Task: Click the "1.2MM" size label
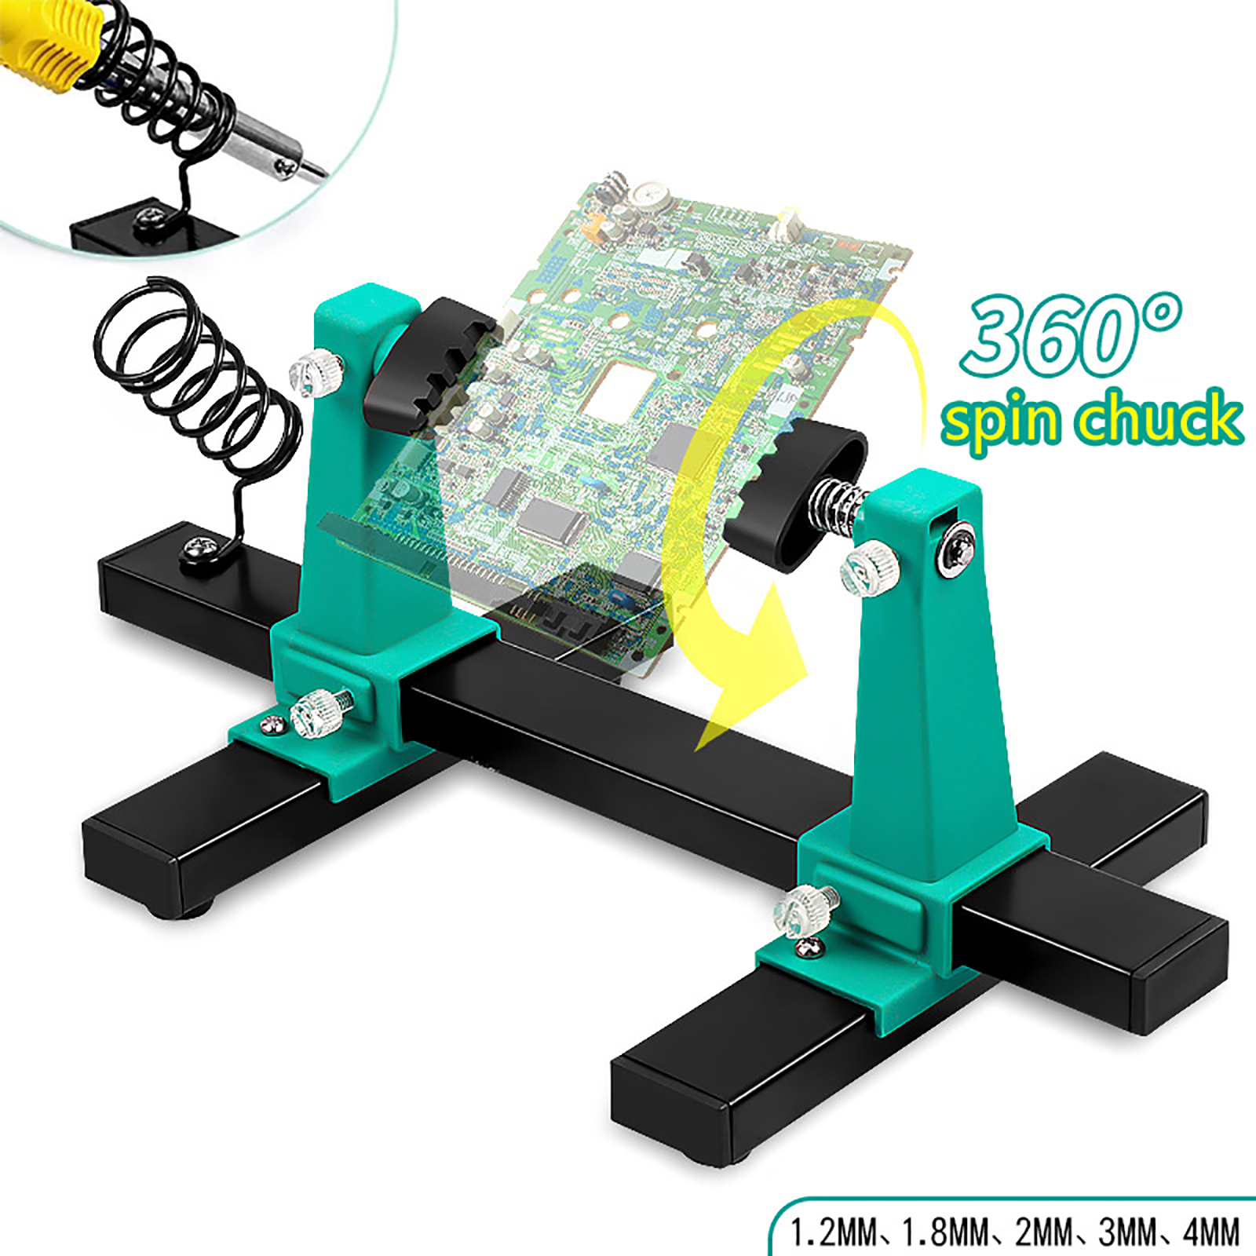tap(833, 1232)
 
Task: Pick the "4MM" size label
tap(1211, 1232)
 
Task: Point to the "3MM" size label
tap(1126, 1232)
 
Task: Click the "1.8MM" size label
tap(945, 1232)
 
